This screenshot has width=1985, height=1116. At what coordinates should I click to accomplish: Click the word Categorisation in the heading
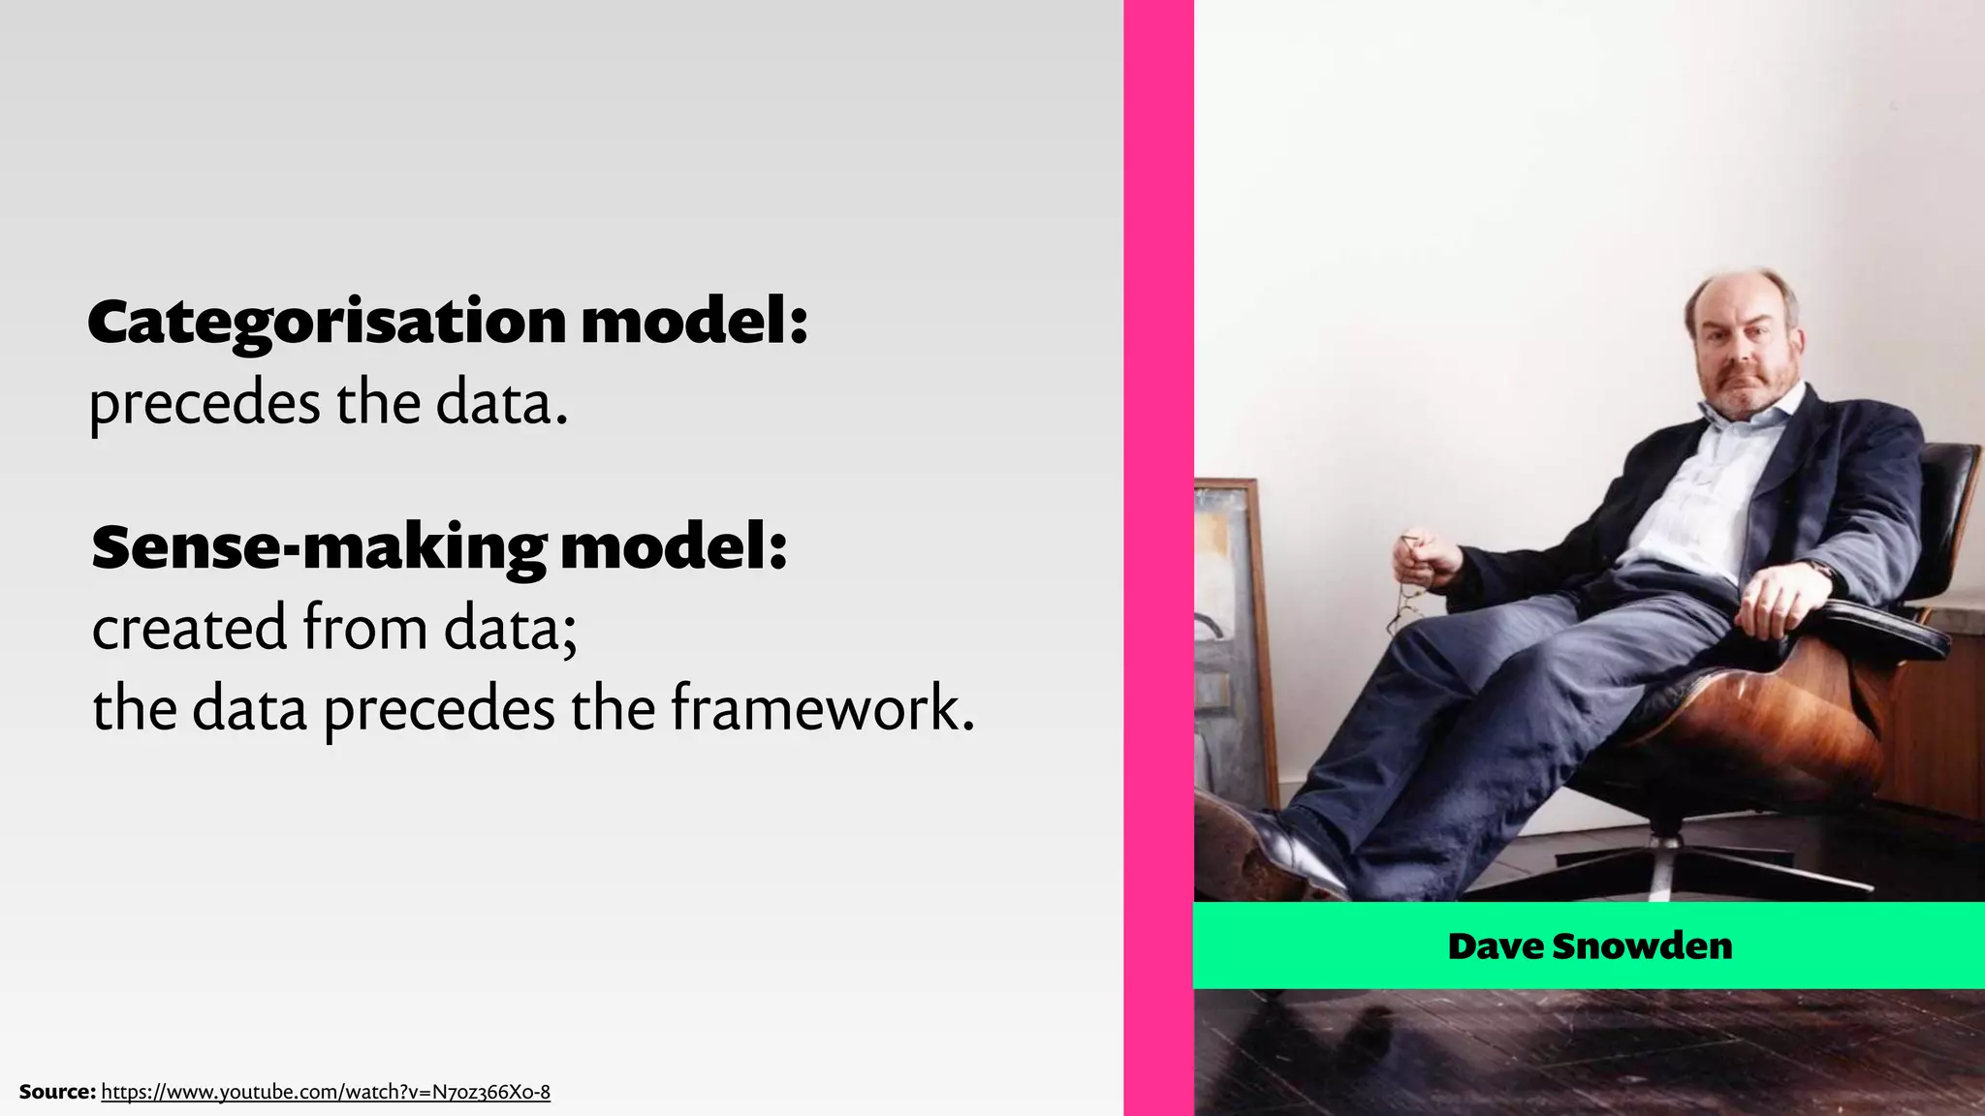(x=326, y=323)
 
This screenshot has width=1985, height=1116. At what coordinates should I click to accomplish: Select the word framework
(x=822, y=708)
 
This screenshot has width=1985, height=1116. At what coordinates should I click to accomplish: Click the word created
(x=189, y=628)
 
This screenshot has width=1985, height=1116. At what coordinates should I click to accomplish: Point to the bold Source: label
(x=57, y=1092)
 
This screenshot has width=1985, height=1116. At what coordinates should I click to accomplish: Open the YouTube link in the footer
(x=326, y=1092)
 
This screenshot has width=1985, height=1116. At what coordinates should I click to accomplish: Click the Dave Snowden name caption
(x=1590, y=945)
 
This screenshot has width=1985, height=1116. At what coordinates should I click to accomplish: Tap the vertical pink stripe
(x=1158, y=558)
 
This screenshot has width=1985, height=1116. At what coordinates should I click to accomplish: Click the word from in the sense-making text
(x=364, y=628)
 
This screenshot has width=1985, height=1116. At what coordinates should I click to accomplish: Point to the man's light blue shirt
(x=1706, y=484)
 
